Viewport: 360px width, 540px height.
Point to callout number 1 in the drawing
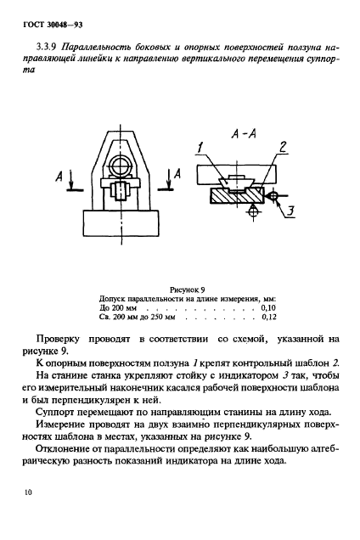(201, 149)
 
